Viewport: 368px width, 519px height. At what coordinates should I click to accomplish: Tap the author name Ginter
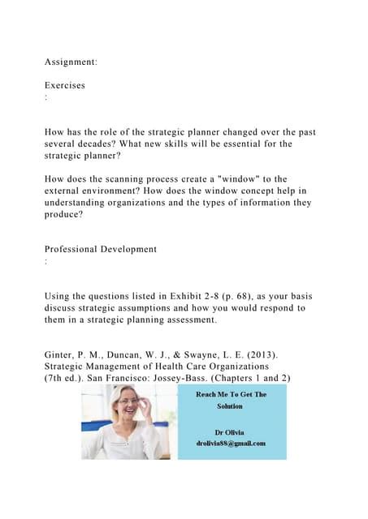[x=63, y=354]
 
